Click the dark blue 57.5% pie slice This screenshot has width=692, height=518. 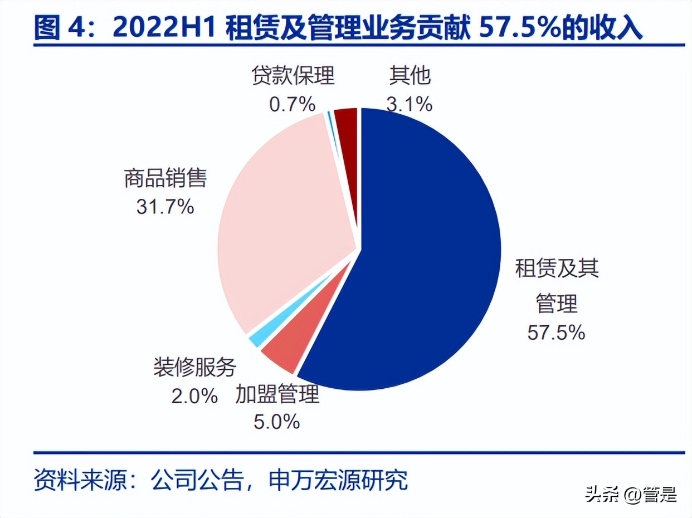click(x=423, y=251)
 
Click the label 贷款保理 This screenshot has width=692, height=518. click(x=293, y=76)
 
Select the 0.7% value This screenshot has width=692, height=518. click(x=293, y=104)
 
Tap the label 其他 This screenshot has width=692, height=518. click(x=410, y=76)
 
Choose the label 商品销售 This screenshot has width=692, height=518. click(x=165, y=179)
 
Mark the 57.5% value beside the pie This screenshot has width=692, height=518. click(x=556, y=333)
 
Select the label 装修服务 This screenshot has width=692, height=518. click(x=195, y=368)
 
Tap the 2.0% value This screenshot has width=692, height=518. click(x=194, y=395)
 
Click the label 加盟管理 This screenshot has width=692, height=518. click(x=277, y=394)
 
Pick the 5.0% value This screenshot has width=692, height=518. click(x=277, y=422)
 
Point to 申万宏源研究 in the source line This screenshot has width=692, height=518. click(x=338, y=480)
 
